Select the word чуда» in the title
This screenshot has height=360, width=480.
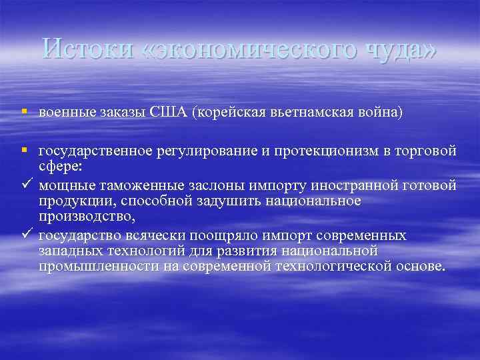[405, 50]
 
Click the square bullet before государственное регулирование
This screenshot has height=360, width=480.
[23, 152]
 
